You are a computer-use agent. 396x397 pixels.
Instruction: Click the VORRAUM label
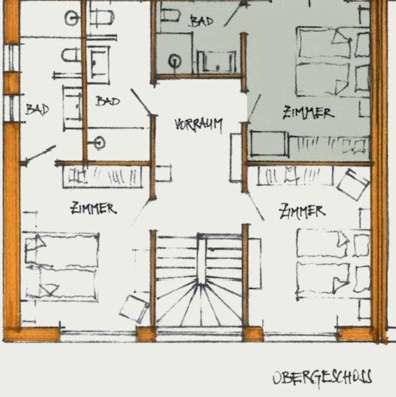[198, 125]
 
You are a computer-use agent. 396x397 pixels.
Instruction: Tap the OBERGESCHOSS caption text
[322, 378]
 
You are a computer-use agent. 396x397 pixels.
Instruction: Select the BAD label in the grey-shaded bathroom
[202, 21]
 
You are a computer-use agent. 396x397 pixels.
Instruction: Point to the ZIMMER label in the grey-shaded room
[308, 113]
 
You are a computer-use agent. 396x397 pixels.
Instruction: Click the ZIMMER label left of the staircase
[94, 208]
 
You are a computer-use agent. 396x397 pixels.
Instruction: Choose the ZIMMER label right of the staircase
[302, 211]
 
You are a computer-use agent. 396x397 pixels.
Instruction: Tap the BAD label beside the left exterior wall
[37, 110]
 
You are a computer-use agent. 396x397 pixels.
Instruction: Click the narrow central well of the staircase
[202, 260]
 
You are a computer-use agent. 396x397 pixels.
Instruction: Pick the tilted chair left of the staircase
[134, 308]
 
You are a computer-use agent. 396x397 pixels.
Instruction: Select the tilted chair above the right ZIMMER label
[353, 184]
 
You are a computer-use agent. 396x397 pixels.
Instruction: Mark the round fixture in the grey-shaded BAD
[174, 62]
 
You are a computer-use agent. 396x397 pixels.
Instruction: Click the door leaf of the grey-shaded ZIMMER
[254, 108]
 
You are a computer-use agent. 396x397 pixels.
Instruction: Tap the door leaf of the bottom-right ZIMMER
[256, 206]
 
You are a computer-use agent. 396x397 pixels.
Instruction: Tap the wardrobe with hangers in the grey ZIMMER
[329, 146]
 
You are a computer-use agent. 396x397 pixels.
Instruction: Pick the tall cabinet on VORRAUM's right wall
[236, 157]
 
